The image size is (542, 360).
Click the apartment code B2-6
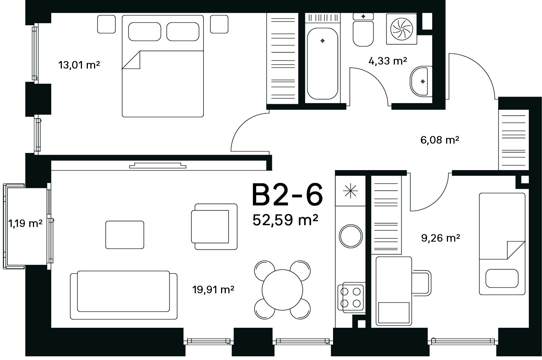pyautogui.click(x=287, y=195)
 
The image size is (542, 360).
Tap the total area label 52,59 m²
pyautogui.click(x=285, y=220)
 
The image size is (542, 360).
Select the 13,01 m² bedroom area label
pyautogui.click(x=79, y=65)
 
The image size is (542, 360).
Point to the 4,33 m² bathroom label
pyautogui.click(x=388, y=61)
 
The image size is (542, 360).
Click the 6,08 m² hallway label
pyautogui.click(x=440, y=140)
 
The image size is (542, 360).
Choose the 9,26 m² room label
pyautogui.click(x=440, y=238)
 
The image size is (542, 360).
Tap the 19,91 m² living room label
pyautogui.click(x=213, y=289)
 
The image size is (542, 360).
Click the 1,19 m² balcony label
pyautogui.click(x=25, y=223)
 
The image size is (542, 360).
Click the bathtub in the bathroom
pyautogui.click(x=322, y=63)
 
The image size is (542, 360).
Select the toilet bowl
pyautogui.click(x=363, y=33)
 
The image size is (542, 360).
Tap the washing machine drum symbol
pyautogui.click(x=401, y=29)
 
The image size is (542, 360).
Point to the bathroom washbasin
pyautogui.click(x=421, y=81)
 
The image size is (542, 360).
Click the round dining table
pyautogui.click(x=282, y=290)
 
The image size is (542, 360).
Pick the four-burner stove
pyautogui.click(x=351, y=297)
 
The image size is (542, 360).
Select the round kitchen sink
pyautogui.click(x=351, y=236)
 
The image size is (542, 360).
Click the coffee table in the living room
pyautogui.click(x=124, y=235)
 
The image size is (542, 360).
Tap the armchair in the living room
pyautogui.click(x=214, y=227)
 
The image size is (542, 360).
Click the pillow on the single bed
pyautogui.click(x=502, y=278)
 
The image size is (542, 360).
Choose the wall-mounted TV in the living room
pyautogui.click(x=158, y=165)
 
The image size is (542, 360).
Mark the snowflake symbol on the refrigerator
pyautogui.click(x=350, y=191)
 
